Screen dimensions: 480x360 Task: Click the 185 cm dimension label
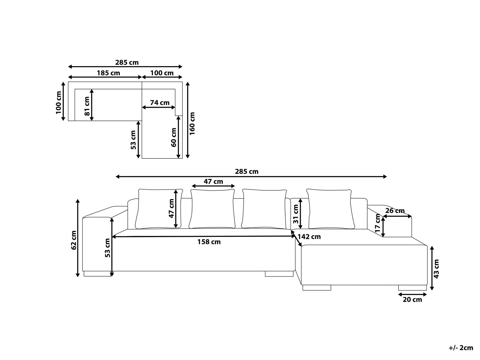click(x=108, y=73)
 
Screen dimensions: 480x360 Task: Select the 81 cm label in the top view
click(x=87, y=106)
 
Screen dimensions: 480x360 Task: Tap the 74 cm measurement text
click(x=160, y=103)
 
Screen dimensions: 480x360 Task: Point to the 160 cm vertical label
click(x=192, y=123)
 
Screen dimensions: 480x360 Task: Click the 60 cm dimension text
click(x=174, y=137)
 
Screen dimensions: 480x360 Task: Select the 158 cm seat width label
click(x=209, y=242)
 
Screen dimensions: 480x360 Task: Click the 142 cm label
click(x=309, y=237)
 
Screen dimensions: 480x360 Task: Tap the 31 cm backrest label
click(x=295, y=214)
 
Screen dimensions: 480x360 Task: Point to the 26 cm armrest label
click(x=395, y=211)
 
